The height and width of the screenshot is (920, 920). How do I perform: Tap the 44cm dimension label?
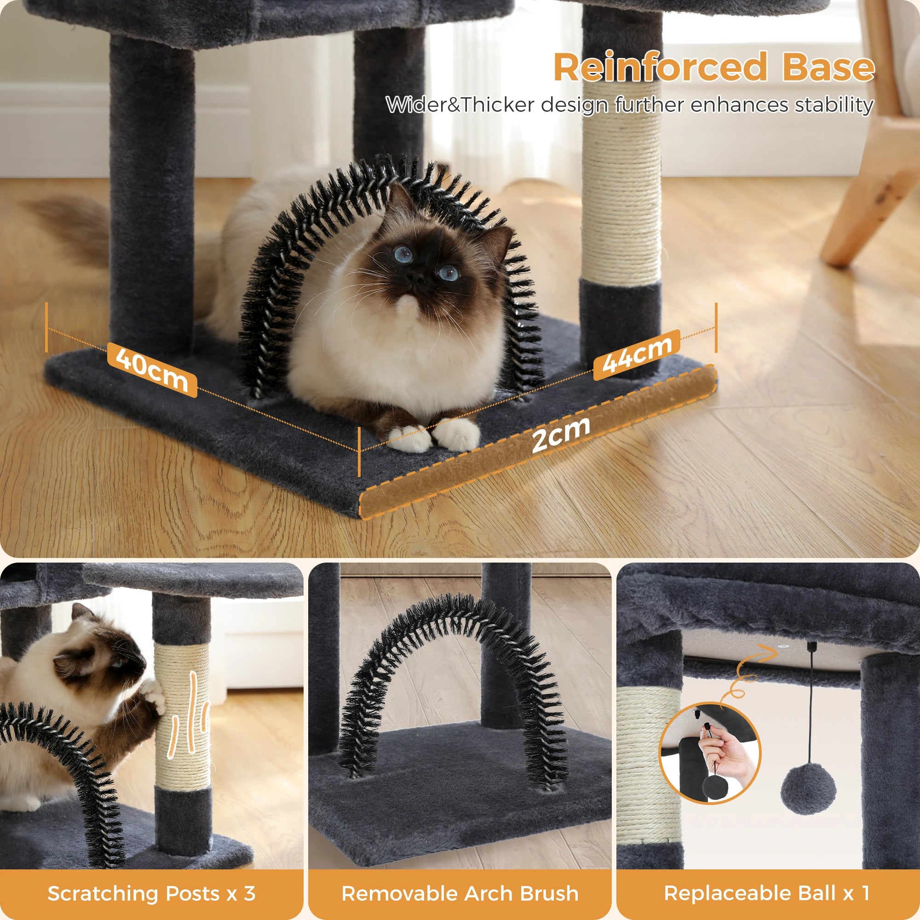[x=637, y=354]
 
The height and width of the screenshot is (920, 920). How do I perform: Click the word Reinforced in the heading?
[x=660, y=68]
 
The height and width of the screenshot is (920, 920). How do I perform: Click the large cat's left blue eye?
[x=404, y=255]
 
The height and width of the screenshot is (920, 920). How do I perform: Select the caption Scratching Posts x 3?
[x=151, y=893]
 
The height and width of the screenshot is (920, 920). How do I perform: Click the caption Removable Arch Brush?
[x=460, y=893]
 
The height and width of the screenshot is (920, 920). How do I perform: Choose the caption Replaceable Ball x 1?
[x=767, y=893]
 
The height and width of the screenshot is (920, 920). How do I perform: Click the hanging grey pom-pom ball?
[x=808, y=790]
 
